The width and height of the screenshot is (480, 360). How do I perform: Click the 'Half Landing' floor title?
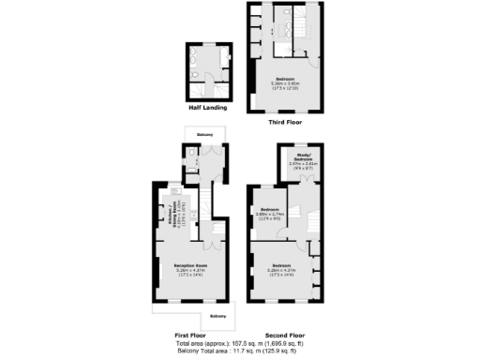click(206, 106)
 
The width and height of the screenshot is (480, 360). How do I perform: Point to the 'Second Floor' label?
click(285, 335)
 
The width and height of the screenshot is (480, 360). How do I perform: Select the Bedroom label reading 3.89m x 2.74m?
click(270, 211)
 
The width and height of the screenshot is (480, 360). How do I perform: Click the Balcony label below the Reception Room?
click(217, 317)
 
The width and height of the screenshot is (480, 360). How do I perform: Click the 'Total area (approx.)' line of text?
click(240, 344)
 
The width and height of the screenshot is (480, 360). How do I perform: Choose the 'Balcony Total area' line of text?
click(240, 352)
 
